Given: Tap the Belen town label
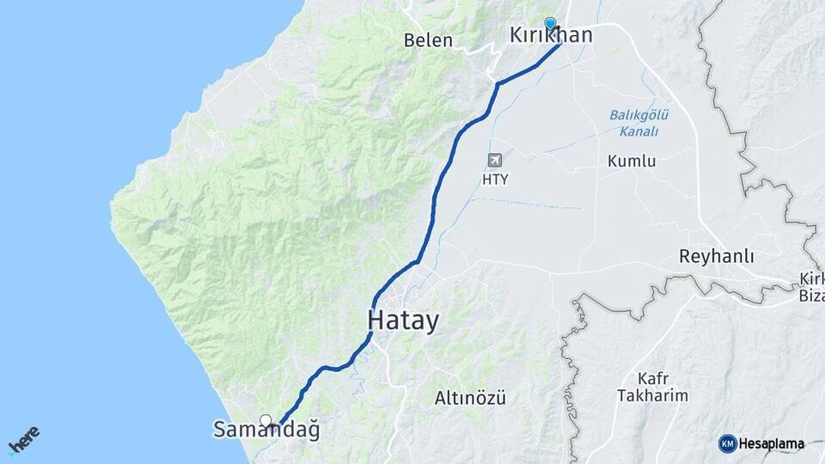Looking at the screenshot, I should coord(428,40).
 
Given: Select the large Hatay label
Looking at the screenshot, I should coord(403,321).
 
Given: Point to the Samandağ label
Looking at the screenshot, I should coord(266,430).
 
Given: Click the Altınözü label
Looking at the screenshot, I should coord(470,398).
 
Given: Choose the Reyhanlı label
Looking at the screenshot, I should coord(717,256).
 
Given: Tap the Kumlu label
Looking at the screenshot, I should coord(632,161).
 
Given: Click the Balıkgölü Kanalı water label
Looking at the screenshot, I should coord(639,123).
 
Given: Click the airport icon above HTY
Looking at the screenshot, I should coord(494,160).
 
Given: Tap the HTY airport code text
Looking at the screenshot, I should coord(494,180).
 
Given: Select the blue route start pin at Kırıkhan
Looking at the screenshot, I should coord(550,24).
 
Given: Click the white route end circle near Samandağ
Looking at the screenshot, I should coord(266,420).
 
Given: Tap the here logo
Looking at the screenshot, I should coord(24,440).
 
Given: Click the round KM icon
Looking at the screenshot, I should coord(727,443).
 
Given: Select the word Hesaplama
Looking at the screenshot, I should coord(772,444).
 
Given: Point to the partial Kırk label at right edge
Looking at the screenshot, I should coord(811,279).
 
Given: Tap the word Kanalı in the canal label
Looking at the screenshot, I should coord(639,131).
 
